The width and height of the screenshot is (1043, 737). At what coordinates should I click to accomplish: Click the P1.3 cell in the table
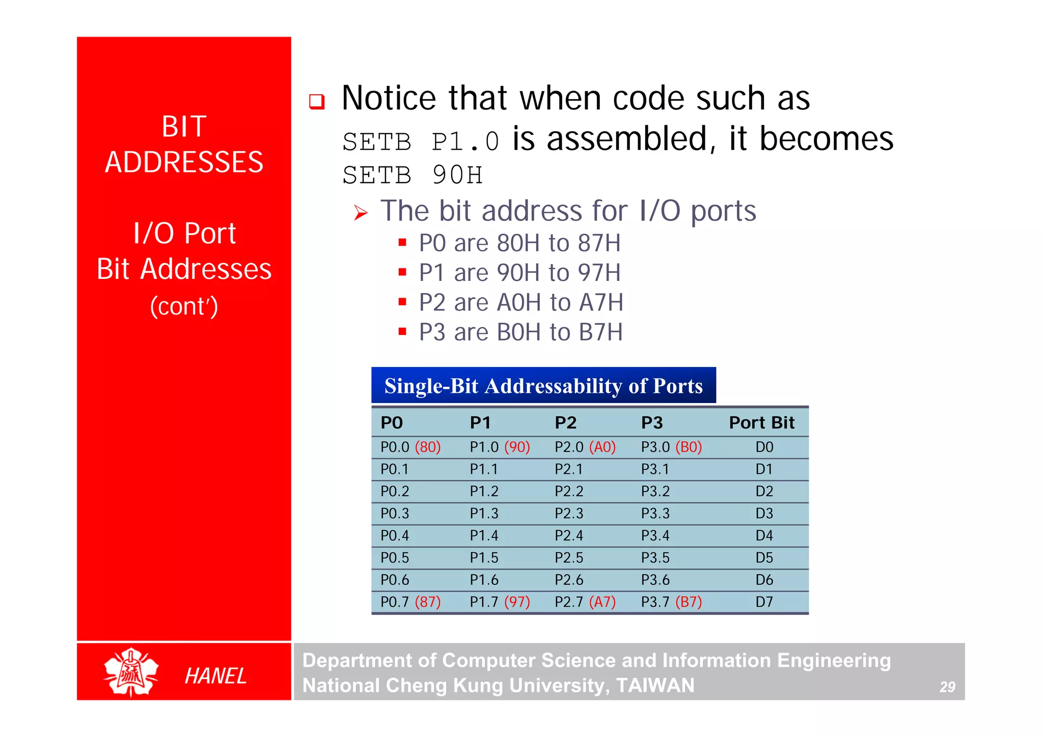(x=484, y=514)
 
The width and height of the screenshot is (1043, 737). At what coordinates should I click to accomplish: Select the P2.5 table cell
(x=569, y=558)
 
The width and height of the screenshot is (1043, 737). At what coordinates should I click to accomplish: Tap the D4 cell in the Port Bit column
(x=764, y=535)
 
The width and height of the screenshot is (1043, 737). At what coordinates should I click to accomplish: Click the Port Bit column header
(x=761, y=422)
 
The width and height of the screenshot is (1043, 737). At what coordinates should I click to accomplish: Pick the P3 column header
(x=652, y=422)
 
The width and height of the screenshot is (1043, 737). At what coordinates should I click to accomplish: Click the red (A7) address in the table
(x=602, y=602)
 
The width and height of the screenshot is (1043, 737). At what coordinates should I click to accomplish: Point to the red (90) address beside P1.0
(x=517, y=447)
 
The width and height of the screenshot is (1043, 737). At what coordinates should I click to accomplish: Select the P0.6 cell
(x=395, y=580)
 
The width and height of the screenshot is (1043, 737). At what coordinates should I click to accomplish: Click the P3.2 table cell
(x=655, y=491)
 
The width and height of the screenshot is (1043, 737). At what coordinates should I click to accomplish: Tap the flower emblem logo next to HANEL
(x=131, y=672)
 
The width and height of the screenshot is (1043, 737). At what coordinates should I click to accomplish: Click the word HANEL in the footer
(x=215, y=676)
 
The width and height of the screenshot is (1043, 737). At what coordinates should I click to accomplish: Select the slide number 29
(x=947, y=687)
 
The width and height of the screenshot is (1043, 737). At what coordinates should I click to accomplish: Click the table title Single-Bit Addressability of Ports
(x=543, y=386)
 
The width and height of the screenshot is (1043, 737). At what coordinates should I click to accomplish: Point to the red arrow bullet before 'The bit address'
(x=361, y=213)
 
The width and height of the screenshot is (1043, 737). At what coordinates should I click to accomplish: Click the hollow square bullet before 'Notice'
(x=317, y=101)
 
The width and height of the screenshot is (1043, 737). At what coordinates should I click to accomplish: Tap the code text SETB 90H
(x=413, y=175)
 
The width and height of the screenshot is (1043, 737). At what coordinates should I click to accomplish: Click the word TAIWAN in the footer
(x=655, y=685)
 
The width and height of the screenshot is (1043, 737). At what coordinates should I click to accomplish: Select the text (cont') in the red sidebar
(x=184, y=306)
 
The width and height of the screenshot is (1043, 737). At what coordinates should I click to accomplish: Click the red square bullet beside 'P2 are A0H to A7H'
(x=402, y=302)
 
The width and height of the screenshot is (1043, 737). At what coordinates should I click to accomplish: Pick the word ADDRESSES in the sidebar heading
(x=184, y=162)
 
